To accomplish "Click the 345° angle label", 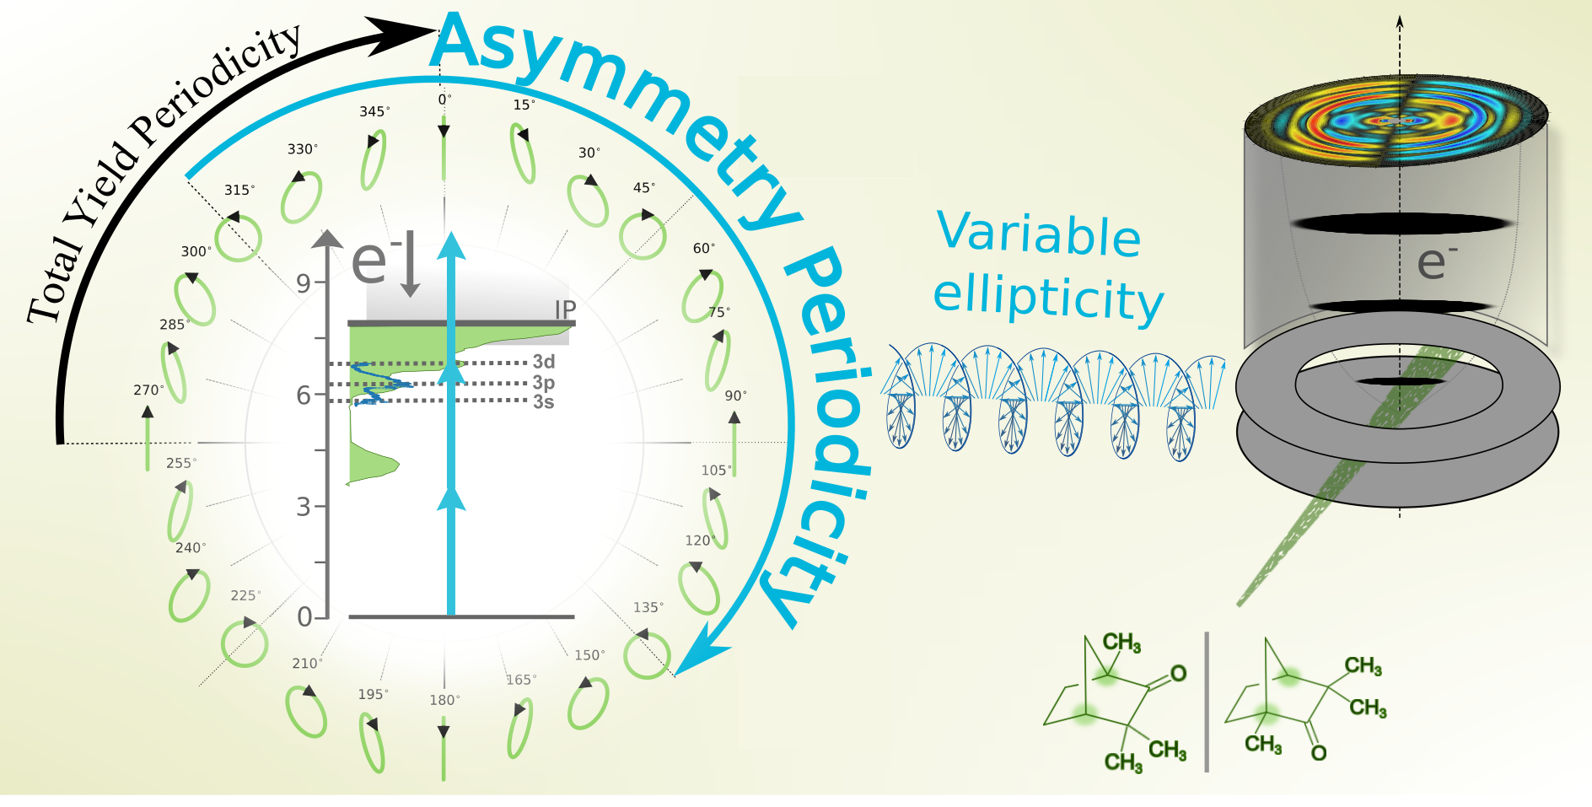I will click(374, 111).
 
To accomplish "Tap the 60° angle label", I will click(703, 248).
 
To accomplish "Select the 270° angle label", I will click(148, 390).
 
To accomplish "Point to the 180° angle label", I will click(444, 700).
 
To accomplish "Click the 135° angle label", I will click(648, 607).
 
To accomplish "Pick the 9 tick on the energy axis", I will click(304, 283).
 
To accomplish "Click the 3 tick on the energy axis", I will click(304, 507).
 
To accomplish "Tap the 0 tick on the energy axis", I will click(304, 617).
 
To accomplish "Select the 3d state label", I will click(544, 362).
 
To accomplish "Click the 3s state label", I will click(544, 402).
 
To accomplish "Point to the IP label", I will click(565, 309).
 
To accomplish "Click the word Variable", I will click(1039, 234).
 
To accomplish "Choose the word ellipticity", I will click(1048, 299).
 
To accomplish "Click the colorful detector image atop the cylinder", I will click(1396, 121).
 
